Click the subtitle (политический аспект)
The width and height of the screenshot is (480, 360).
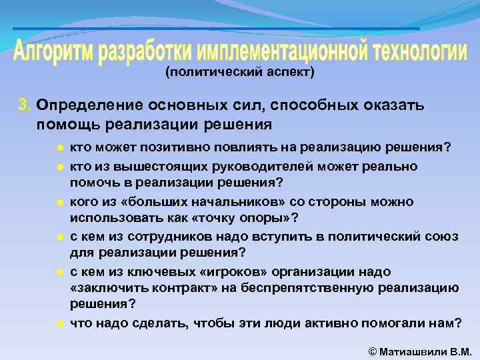239,71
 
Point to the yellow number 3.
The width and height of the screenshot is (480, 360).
24,105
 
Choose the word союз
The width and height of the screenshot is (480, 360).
463,236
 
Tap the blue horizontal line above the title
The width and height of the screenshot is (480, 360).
217,29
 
